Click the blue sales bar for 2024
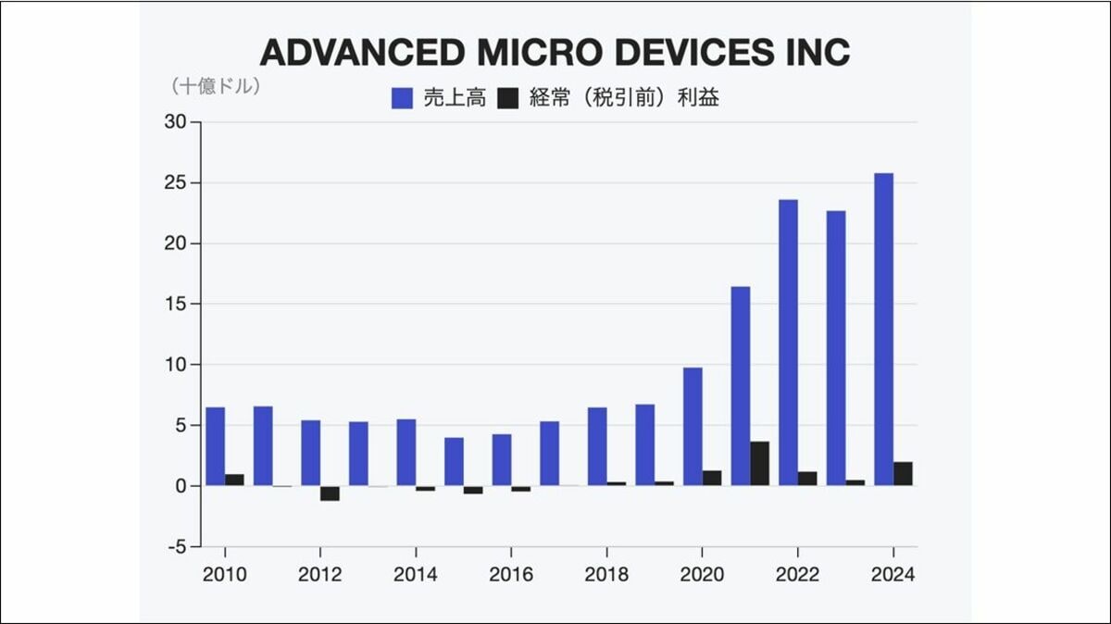coord(883,330)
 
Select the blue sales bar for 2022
coord(788,343)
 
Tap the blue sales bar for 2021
coord(741,386)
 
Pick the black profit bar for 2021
coord(759,463)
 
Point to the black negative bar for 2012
coord(331,493)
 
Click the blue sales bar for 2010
coord(215,446)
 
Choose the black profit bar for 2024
coord(903,473)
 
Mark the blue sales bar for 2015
coord(454,461)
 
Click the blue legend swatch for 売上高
coord(402,98)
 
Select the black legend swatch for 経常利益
coord(508,98)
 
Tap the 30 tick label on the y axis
coord(176,122)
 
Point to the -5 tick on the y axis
coord(176,546)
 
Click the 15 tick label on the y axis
coord(176,304)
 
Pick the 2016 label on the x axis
coord(511,574)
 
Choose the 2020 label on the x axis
coord(702,574)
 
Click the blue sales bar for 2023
coord(836,348)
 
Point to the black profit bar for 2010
coord(234,480)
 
